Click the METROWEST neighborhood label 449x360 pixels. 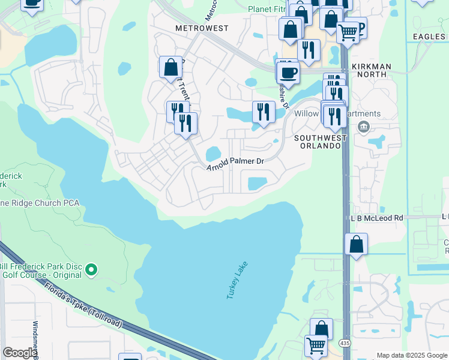click(x=202, y=28)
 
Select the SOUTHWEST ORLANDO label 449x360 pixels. click(x=321, y=142)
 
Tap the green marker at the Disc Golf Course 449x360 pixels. click(x=91, y=269)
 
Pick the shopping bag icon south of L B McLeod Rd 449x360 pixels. click(x=356, y=244)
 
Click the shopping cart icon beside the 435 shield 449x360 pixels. click(x=316, y=346)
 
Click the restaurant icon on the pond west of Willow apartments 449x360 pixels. click(x=263, y=111)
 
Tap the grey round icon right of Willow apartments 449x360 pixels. click(x=363, y=127)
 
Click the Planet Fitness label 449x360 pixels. click(x=267, y=8)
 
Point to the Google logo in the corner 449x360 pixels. click(x=19, y=353)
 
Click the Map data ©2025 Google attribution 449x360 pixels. click(x=412, y=355)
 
